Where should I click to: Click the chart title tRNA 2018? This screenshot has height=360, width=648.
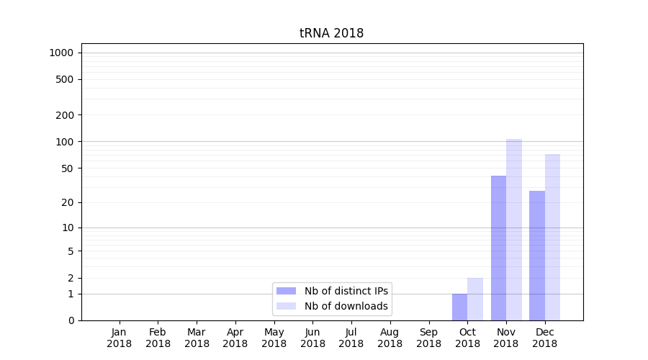(331, 34)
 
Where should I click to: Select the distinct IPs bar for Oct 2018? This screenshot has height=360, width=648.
(459, 307)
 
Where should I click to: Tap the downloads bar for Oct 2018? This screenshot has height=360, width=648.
(475, 299)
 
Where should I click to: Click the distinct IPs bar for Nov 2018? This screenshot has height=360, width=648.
(498, 248)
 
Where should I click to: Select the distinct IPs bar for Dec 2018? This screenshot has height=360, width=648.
(537, 256)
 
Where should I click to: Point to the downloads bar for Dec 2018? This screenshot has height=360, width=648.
(552, 237)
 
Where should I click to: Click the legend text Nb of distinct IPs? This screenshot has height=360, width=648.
(346, 291)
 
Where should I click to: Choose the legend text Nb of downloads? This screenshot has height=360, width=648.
(346, 306)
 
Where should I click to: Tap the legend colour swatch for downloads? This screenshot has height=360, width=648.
(286, 306)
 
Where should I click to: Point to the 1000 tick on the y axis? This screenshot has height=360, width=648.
(61, 53)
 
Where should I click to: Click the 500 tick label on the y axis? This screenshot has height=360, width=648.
(65, 79)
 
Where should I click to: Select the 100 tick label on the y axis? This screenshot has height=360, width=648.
(65, 142)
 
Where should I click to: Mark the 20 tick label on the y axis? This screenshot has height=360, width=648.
(68, 202)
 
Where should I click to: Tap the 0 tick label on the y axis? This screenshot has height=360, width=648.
(71, 320)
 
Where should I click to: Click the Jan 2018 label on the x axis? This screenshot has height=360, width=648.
(119, 338)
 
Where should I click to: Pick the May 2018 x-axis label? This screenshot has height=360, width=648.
(274, 338)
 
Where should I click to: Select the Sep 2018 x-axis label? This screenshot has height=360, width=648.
(428, 338)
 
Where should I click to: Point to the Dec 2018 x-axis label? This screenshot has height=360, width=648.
(544, 338)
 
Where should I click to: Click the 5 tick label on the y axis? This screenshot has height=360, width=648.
(71, 251)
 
